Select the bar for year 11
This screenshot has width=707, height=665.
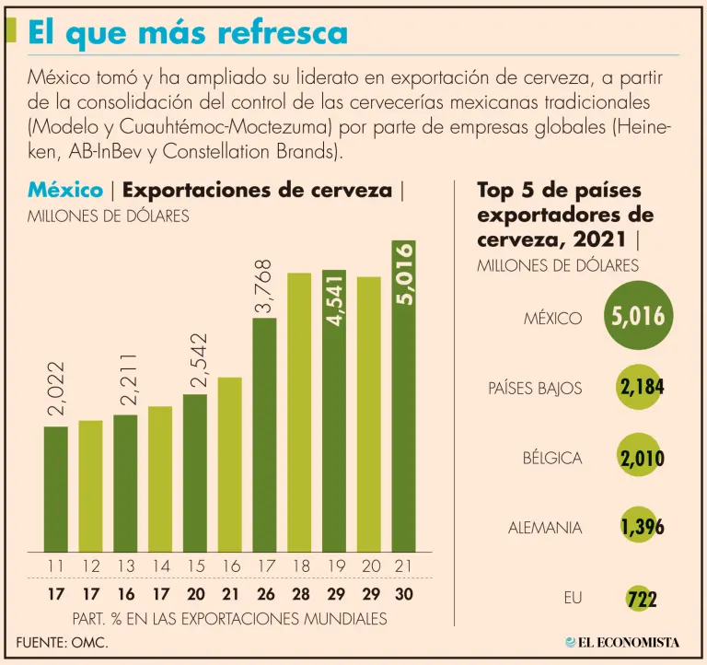56,488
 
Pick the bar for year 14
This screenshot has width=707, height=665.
160,478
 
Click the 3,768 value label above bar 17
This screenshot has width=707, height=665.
265,288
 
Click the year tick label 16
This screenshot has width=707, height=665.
229,566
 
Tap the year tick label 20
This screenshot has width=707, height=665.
368,566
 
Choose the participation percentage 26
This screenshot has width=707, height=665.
264,595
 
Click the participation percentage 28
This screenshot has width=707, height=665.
299,595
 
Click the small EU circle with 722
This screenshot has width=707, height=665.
642,599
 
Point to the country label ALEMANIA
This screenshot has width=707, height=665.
545,528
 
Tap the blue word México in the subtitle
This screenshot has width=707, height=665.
65,191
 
